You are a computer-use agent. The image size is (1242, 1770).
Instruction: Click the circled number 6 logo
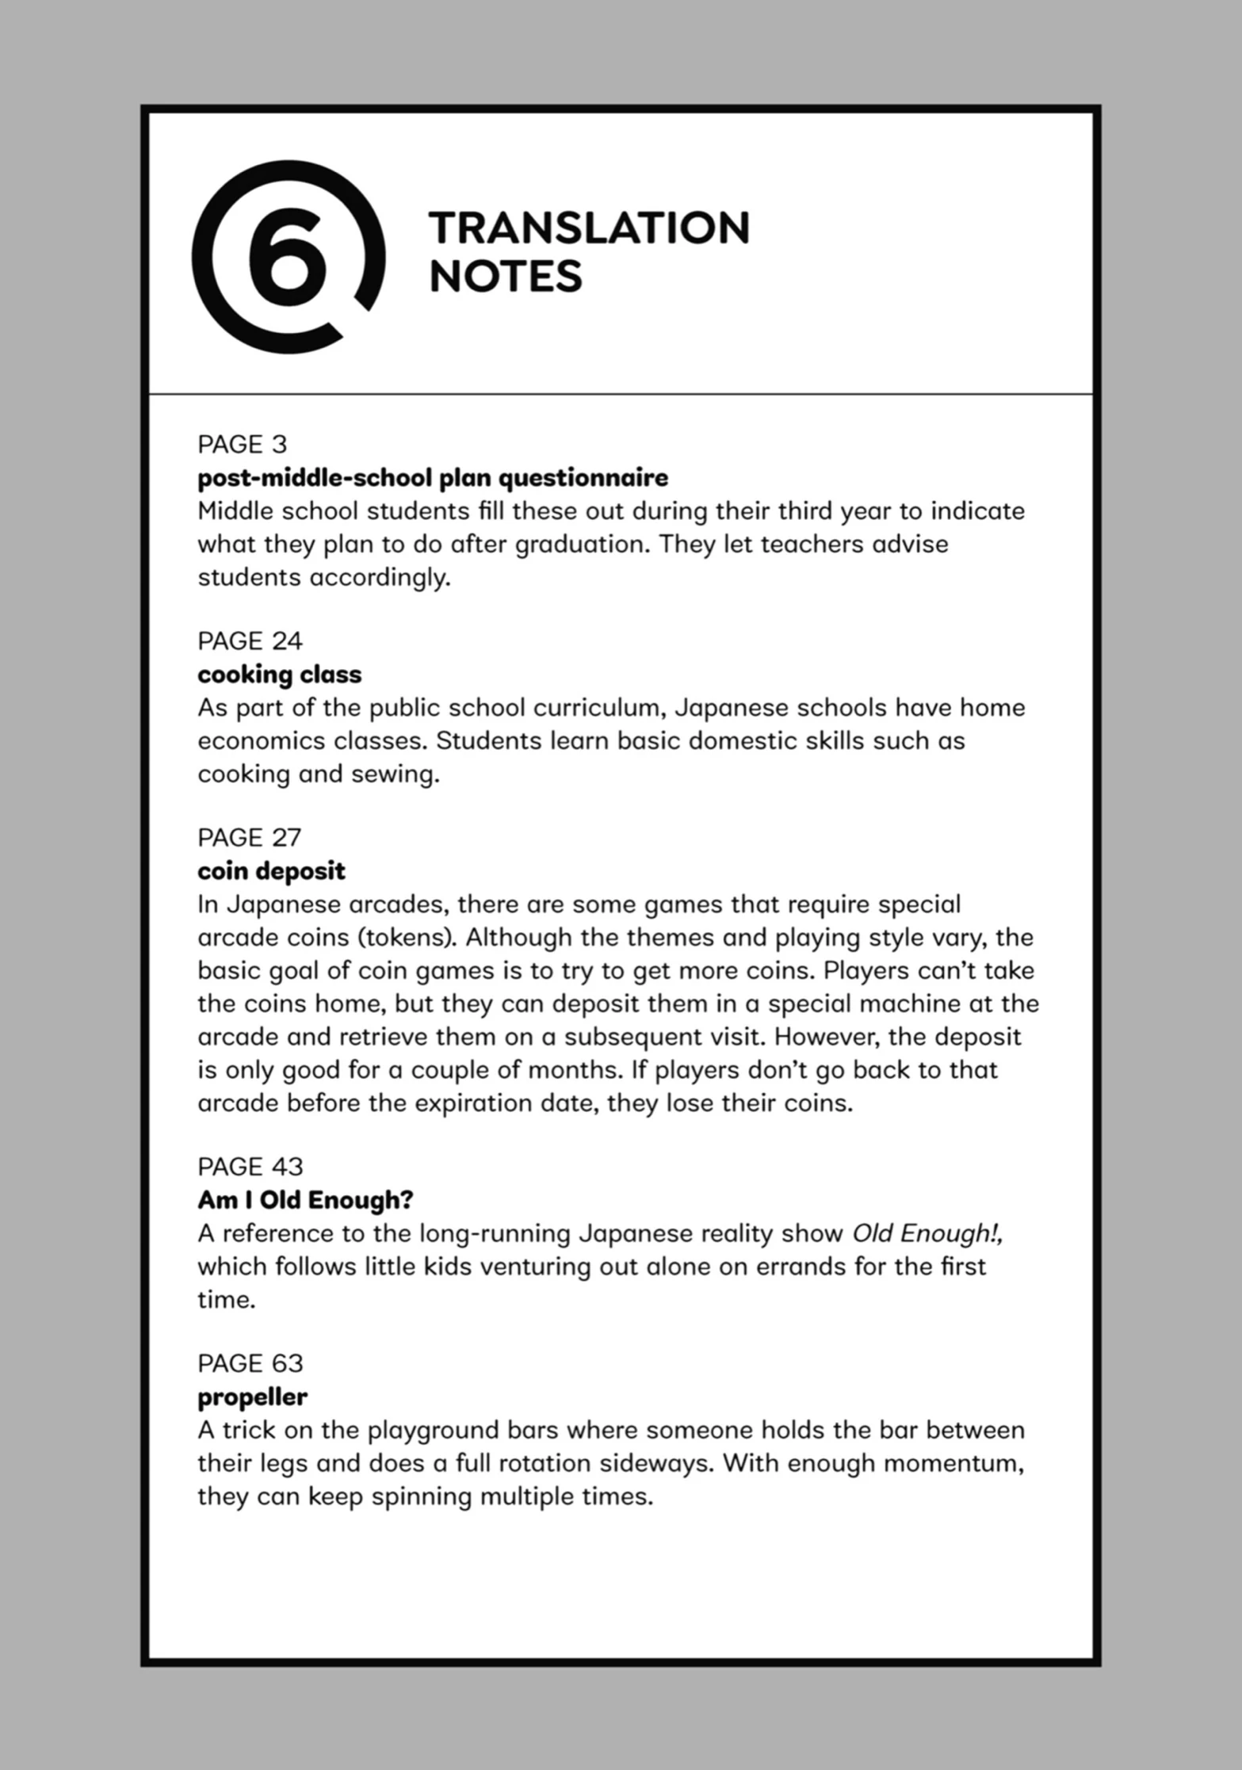click(x=288, y=256)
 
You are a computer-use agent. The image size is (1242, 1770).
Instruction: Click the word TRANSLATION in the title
click(x=589, y=228)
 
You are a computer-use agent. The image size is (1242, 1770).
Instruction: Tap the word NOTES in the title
click(x=506, y=277)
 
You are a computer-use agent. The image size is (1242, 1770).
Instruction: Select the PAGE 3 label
click(x=242, y=444)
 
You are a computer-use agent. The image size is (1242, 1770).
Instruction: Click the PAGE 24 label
click(x=250, y=640)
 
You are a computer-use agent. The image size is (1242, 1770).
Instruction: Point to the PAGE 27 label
click(x=250, y=837)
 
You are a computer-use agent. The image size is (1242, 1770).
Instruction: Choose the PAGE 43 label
click(x=250, y=1166)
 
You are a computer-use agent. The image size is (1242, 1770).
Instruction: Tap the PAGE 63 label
click(x=250, y=1363)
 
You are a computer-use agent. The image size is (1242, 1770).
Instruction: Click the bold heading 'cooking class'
click(x=279, y=675)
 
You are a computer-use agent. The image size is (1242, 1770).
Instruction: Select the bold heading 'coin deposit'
click(x=271, y=871)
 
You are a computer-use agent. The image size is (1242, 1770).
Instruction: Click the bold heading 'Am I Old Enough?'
click(x=305, y=1200)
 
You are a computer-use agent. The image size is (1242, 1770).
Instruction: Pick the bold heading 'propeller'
click(x=252, y=1397)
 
